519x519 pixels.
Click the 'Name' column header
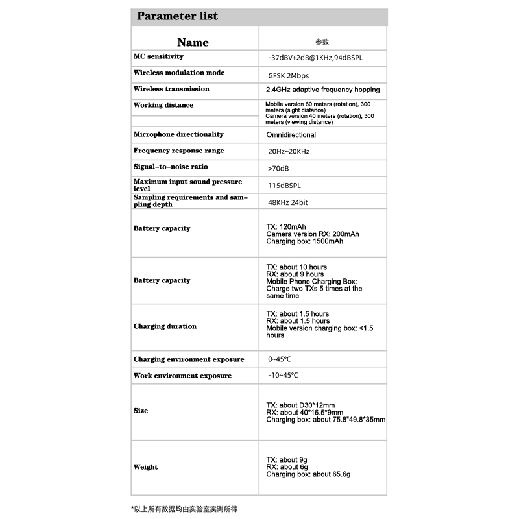193,43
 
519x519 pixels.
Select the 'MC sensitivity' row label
159,57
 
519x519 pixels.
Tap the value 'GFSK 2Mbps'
289,76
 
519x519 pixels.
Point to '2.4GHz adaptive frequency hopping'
323,90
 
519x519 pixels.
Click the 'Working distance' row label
163,105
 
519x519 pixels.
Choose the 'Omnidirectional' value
291,135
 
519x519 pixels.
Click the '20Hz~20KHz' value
289,151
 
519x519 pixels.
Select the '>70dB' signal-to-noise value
278,168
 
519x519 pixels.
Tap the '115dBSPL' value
285,186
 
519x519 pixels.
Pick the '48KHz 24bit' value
288,202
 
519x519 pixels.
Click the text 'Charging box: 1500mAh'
305,241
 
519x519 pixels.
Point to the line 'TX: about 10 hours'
296,267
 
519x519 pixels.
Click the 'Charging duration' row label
165,326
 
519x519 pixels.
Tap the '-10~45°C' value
284,376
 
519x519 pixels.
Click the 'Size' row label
141,411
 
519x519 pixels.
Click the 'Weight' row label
145,467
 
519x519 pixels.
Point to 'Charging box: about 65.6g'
308,474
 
